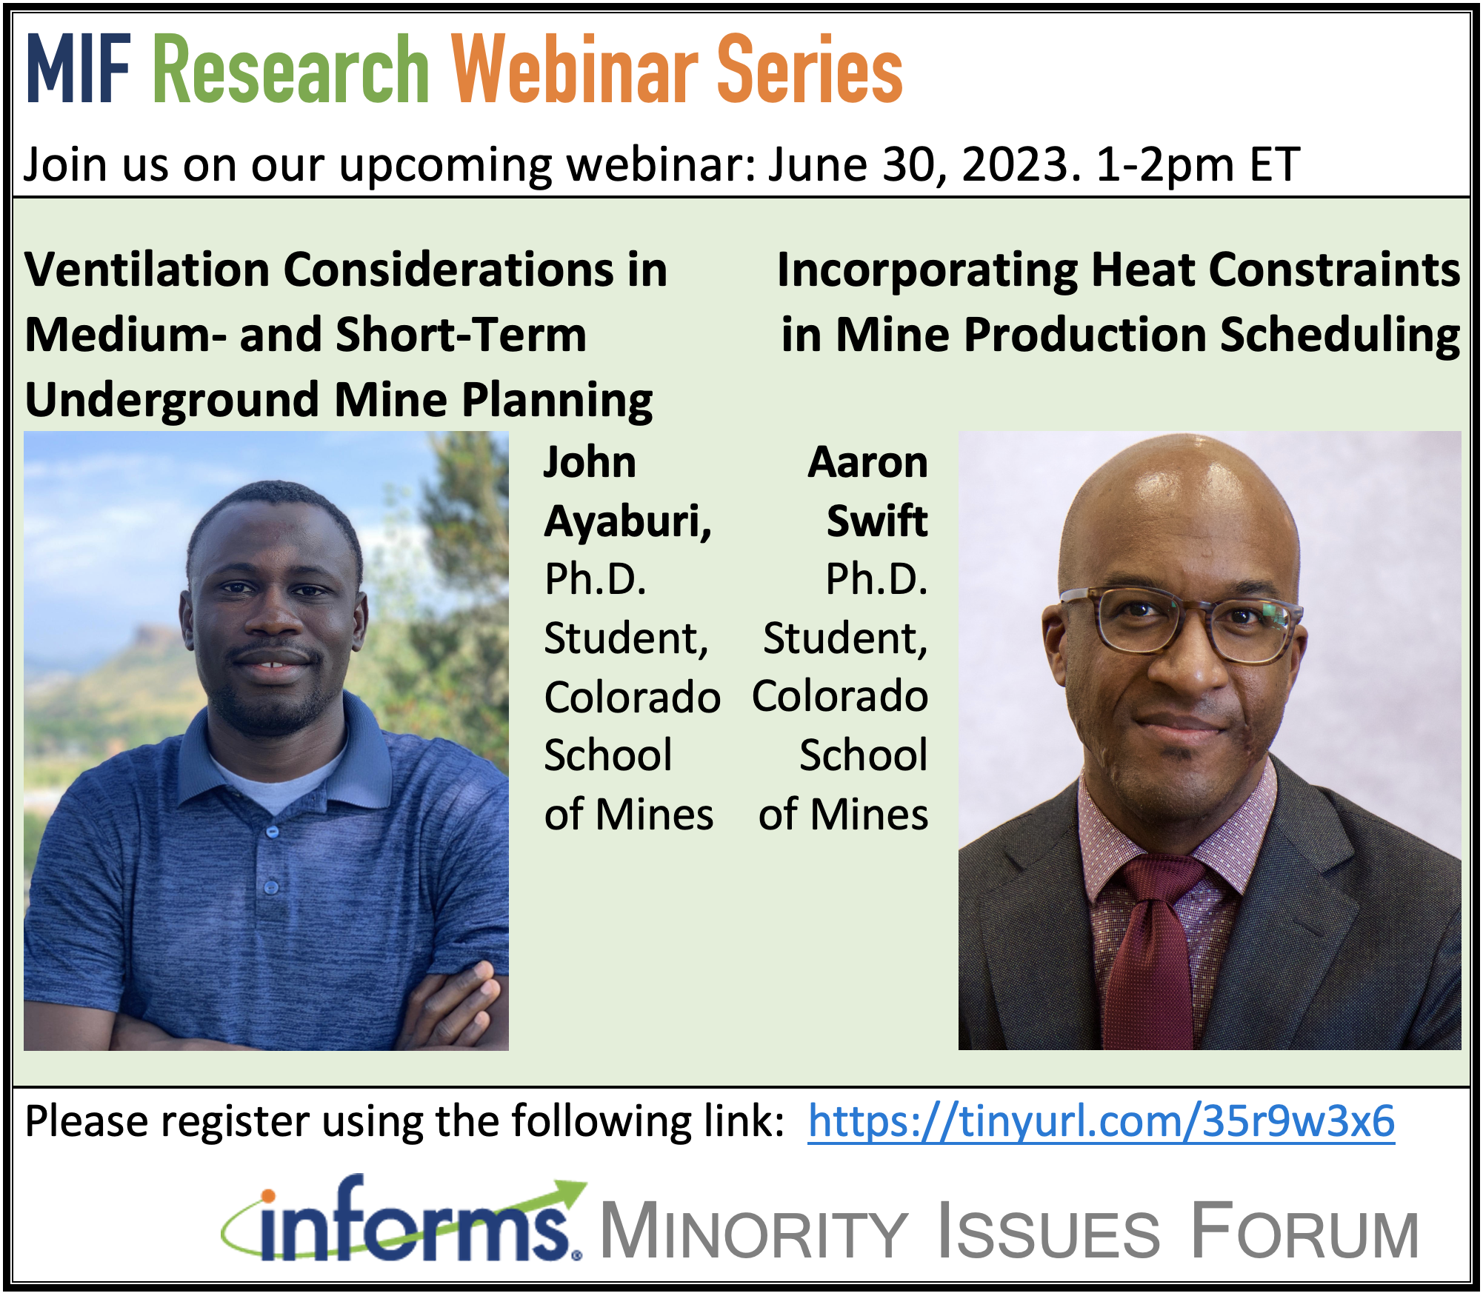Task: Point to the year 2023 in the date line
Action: pos(1015,164)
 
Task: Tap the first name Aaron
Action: pos(867,463)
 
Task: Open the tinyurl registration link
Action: pos(1102,1121)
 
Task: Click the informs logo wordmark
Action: pos(404,1221)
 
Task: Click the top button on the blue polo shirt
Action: pos(273,832)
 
